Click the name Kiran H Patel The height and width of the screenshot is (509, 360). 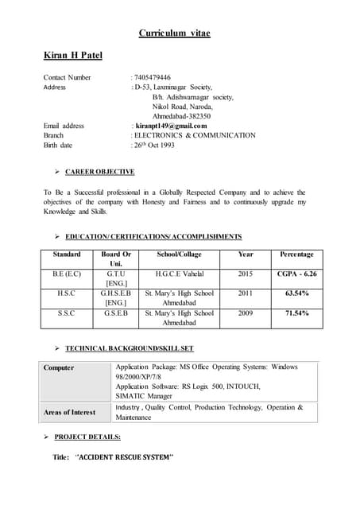(x=73, y=55)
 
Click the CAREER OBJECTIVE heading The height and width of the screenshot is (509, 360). (x=99, y=172)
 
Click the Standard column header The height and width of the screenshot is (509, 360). (x=67, y=254)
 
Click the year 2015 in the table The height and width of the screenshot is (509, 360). (x=246, y=274)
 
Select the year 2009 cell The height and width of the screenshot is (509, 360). (x=246, y=313)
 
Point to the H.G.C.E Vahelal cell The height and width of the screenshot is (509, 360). (x=180, y=274)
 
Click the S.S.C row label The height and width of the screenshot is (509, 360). (x=67, y=313)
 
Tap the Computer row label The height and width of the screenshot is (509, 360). (x=59, y=367)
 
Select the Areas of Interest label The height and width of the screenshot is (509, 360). (x=69, y=412)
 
